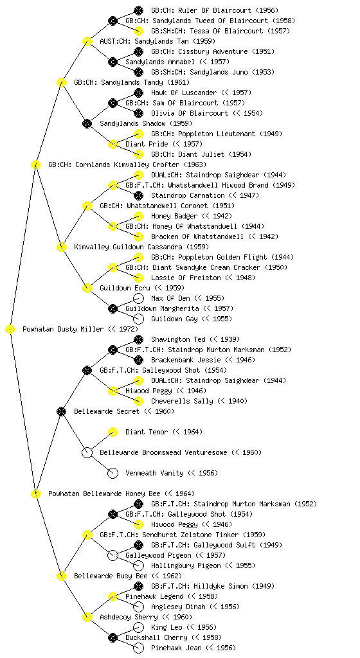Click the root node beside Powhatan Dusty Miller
[10, 330]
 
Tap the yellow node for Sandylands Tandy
[61, 83]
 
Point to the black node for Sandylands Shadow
[87, 124]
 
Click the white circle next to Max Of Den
[138, 298]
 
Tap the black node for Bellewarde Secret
[61, 412]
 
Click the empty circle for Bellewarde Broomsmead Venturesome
[87, 453]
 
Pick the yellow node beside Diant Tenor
[113, 432]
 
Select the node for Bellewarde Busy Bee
[61, 576]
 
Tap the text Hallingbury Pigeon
[186, 565]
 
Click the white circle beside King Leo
[138, 627]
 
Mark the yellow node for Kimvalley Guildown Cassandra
[61, 247]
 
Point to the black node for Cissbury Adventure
[138, 51]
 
